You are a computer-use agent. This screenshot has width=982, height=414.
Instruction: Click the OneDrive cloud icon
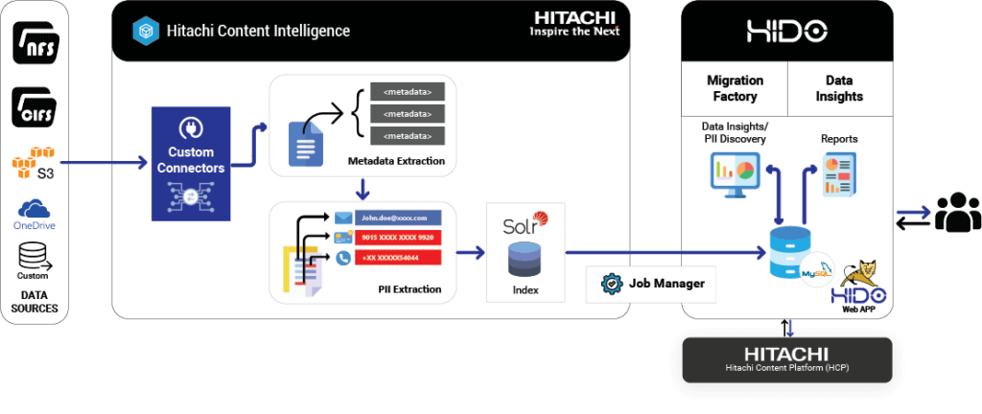pyautogui.click(x=34, y=209)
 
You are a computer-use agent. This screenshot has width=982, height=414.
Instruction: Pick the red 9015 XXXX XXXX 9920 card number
pyautogui.click(x=397, y=237)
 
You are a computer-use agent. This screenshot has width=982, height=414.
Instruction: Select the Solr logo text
pyautogui.click(x=524, y=226)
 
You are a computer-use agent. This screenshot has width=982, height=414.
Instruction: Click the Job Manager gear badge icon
pyautogui.click(x=609, y=284)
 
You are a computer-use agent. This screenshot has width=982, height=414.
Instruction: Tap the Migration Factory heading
pyautogui.click(x=735, y=88)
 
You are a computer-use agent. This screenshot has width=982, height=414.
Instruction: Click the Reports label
pyautogui.click(x=839, y=140)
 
